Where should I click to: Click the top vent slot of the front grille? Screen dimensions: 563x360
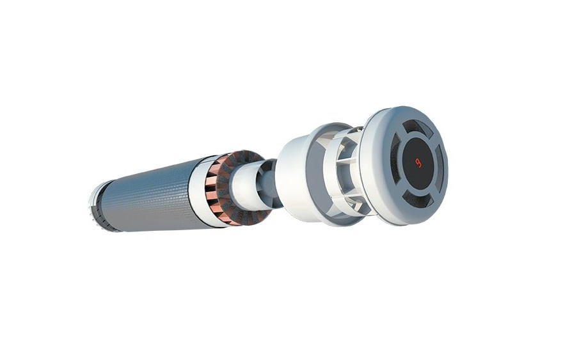point(417,127)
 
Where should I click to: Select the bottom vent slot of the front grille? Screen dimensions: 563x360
point(418,199)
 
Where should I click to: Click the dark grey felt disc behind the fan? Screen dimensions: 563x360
point(244,187)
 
